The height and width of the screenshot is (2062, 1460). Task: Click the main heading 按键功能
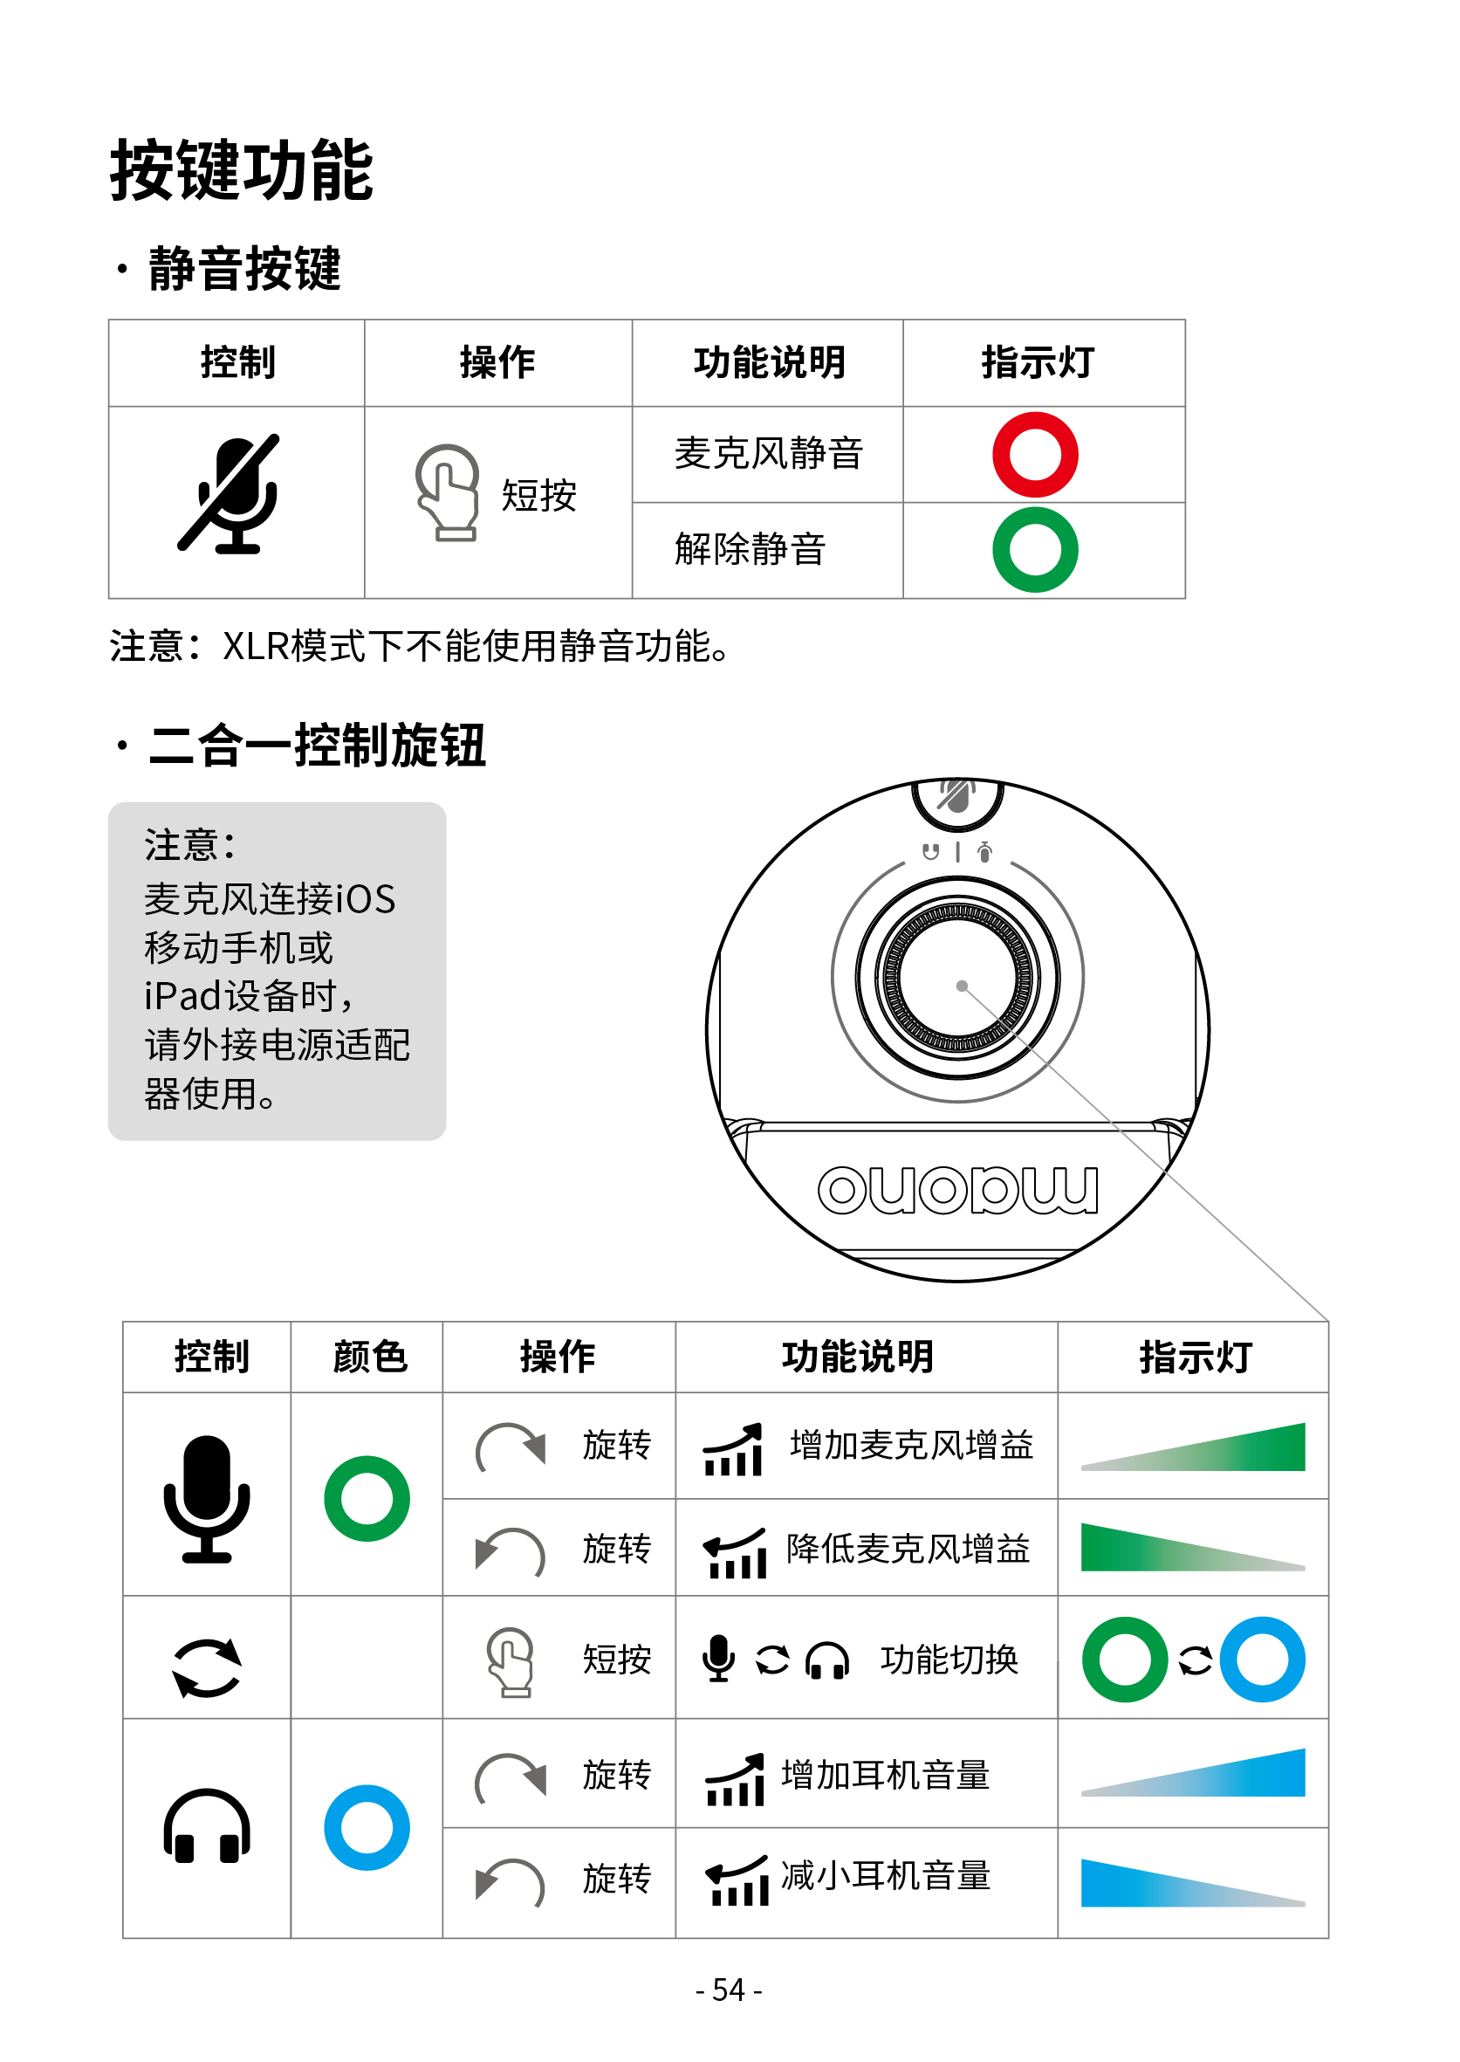tap(241, 170)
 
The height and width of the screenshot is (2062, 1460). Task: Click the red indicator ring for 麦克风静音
tap(1035, 455)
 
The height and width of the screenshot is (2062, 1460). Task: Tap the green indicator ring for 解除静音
tap(1035, 550)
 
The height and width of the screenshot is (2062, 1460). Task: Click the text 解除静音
tap(750, 549)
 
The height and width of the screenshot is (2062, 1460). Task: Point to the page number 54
tap(728, 1990)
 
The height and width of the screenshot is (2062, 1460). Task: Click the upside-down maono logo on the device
tap(957, 1190)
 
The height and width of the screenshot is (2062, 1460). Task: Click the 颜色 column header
tap(369, 1357)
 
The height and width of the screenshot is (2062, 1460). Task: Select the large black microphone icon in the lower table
tap(207, 1498)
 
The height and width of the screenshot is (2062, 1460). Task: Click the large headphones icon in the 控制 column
tap(207, 1826)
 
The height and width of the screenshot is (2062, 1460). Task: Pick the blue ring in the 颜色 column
tap(367, 1828)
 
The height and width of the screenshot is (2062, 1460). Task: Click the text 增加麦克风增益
tap(911, 1445)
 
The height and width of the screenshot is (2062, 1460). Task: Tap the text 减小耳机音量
tap(886, 1877)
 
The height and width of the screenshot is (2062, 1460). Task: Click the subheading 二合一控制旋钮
tap(317, 746)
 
